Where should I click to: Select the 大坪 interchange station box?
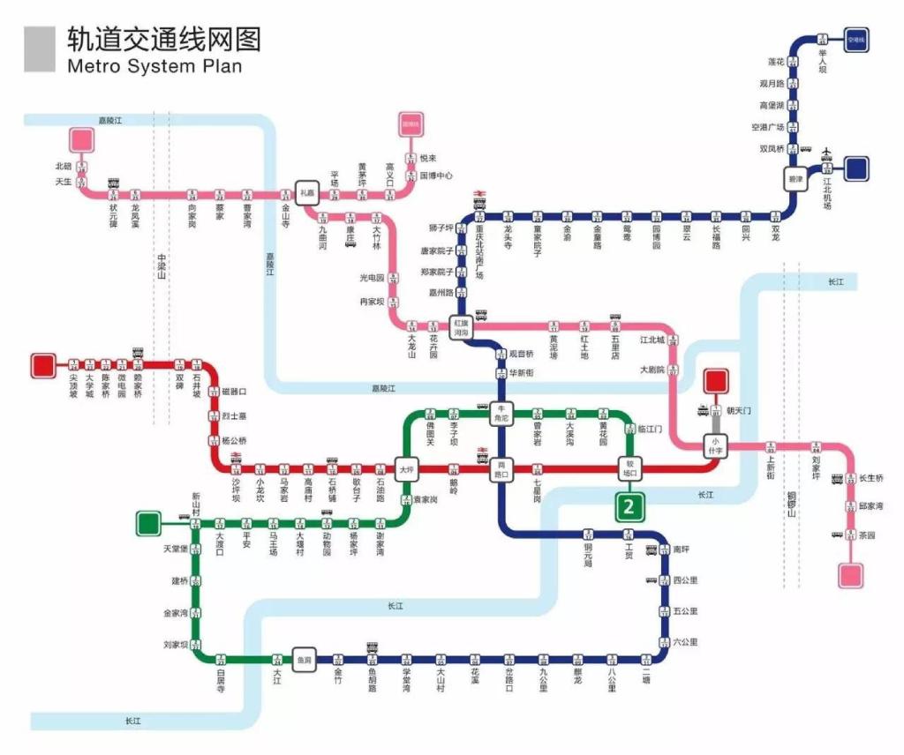pyautogui.click(x=407, y=468)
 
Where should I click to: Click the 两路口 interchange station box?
pyautogui.click(x=502, y=468)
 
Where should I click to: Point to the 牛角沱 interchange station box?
pyautogui.click(x=501, y=413)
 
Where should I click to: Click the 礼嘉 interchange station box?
pyautogui.click(x=307, y=193)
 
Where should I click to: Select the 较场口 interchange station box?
pyautogui.click(x=630, y=467)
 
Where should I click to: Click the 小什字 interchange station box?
pyautogui.click(x=715, y=445)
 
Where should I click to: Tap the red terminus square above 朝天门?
pyautogui.click(x=715, y=381)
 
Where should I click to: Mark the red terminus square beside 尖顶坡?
pyautogui.click(x=42, y=365)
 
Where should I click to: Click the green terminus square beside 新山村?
pyautogui.click(x=148, y=523)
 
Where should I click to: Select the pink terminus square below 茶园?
pyautogui.click(x=851, y=575)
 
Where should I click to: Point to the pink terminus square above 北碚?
pyautogui.click(x=82, y=139)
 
